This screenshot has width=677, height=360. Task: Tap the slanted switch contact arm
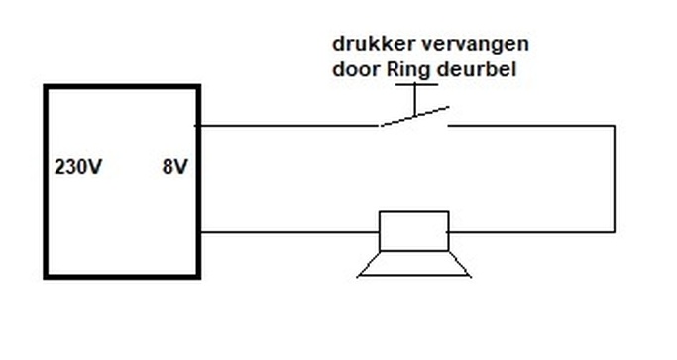pyautogui.click(x=413, y=117)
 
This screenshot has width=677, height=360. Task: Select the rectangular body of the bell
pyautogui.click(x=414, y=231)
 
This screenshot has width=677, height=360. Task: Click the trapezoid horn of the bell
pyautogui.click(x=413, y=264)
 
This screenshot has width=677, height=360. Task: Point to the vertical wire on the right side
pyautogui.click(x=614, y=179)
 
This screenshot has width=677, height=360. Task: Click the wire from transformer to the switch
pyautogui.click(x=287, y=126)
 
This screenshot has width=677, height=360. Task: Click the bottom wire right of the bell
pyautogui.click(x=531, y=232)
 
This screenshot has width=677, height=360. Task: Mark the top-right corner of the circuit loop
pyautogui.click(x=614, y=126)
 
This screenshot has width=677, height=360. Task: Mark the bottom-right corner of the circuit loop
pyautogui.click(x=614, y=232)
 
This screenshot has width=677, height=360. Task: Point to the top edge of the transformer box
pyautogui.click(x=122, y=87)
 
